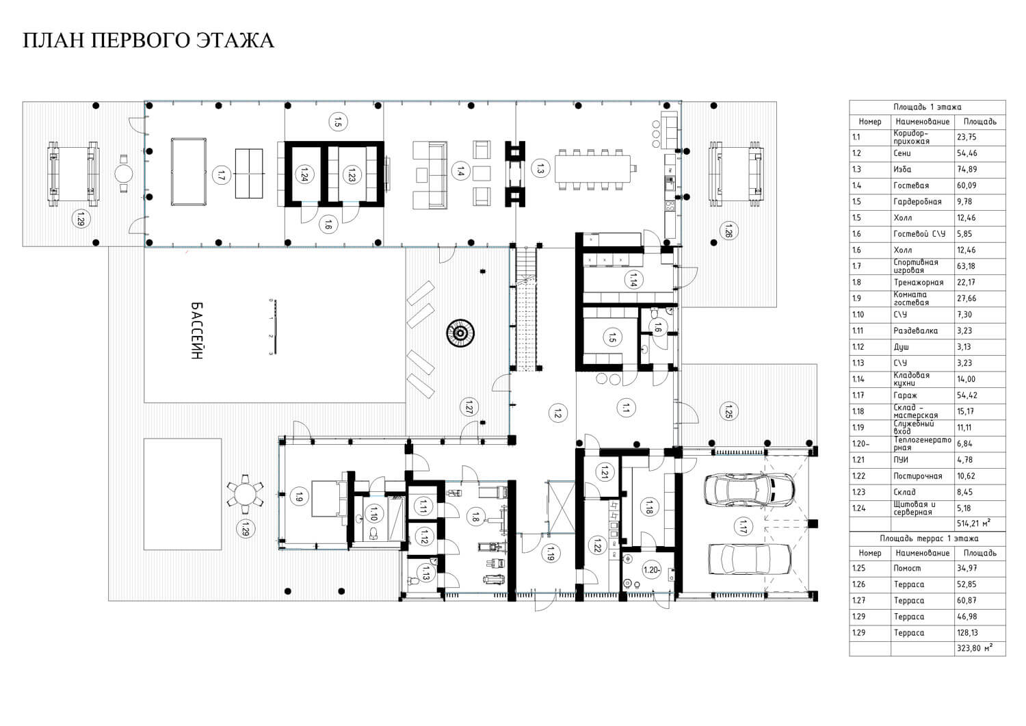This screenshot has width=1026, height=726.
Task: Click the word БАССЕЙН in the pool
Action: click(x=196, y=330)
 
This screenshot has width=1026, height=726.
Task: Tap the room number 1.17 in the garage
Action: click(x=743, y=526)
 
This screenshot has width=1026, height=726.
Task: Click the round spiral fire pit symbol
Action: click(x=460, y=333)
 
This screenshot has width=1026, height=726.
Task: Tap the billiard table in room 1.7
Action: click(x=189, y=172)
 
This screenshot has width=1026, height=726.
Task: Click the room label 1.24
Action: click(x=302, y=174)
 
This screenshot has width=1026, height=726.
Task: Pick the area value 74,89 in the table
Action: click(x=966, y=170)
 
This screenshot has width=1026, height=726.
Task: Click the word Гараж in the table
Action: click(x=905, y=395)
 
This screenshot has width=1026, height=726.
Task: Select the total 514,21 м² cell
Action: click(x=974, y=523)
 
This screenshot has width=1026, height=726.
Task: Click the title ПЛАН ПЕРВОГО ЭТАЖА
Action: click(x=148, y=40)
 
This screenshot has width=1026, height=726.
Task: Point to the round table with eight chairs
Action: click(x=245, y=494)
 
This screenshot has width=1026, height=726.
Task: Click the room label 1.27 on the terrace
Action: click(x=469, y=407)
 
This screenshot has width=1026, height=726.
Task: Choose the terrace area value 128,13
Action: click(x=967, y=633)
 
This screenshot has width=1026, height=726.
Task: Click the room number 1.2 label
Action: click(x=557, y=413)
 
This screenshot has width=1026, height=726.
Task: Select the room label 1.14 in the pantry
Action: click(x=633, y=280)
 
